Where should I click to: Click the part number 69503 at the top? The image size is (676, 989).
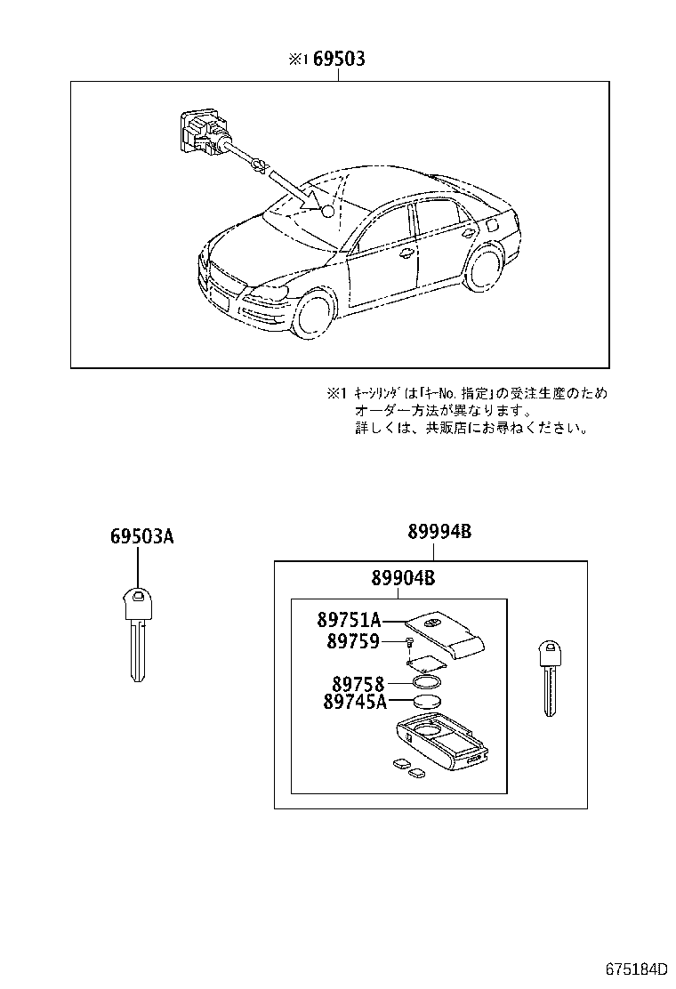(338, 60)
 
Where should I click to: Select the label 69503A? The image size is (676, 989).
(141, 536)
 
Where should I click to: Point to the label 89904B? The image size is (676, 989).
(403, 579)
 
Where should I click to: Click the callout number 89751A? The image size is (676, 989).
(349, 620)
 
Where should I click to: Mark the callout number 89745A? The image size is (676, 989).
(353, 703)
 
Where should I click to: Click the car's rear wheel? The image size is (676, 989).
(486, 266)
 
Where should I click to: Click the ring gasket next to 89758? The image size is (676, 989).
(429, 683)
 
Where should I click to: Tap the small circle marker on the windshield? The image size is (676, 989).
(328, 213)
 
